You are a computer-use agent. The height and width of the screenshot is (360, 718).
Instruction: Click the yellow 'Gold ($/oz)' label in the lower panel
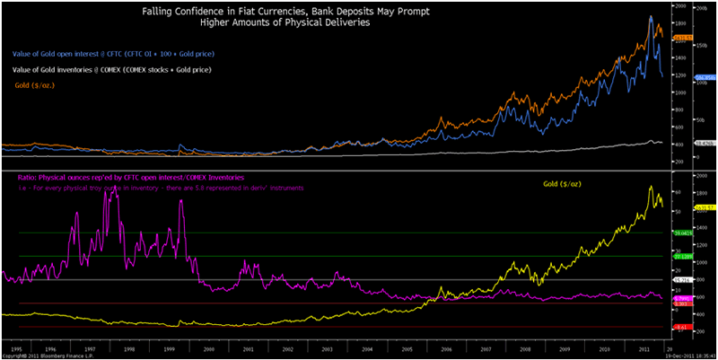tap(564, 183)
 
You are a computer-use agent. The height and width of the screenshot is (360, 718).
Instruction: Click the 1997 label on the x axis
tap(91, 345)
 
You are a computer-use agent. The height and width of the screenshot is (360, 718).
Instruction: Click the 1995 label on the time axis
tap(17, 345)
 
